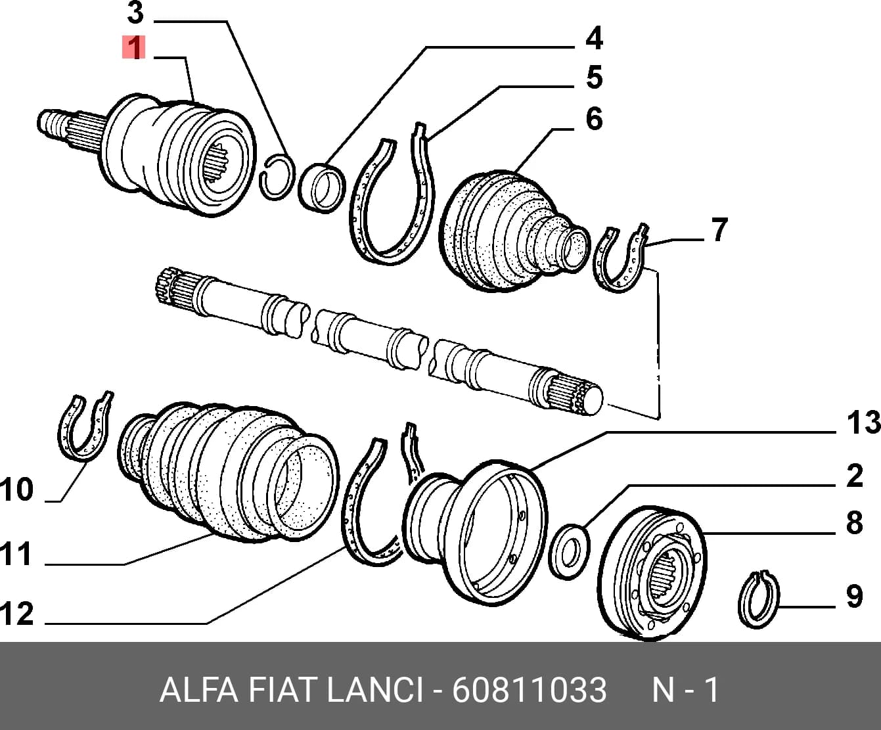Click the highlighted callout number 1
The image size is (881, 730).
tap(134, 47)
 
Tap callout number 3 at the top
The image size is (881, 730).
tap(135, 12)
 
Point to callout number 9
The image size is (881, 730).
tap(855, 597)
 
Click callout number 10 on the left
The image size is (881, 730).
tap(16, 490)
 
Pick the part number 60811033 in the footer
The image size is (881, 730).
tap(529, 691)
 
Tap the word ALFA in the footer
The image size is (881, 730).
tap(198, 691)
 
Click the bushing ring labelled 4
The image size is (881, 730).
tap(321, 188)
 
